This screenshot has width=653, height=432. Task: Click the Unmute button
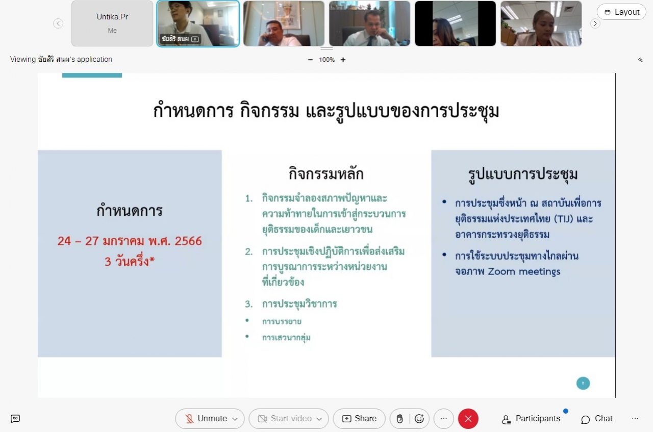[x=210, y=419]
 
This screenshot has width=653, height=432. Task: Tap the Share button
[x=359, y=419]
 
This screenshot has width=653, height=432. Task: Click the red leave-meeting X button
[x=468, y=419]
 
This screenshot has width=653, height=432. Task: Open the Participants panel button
[x=531, y=419]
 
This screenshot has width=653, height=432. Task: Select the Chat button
[x=597, y=419]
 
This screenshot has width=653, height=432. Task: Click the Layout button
[x=621, y=12]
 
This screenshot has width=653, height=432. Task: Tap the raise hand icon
[x=399, y=419]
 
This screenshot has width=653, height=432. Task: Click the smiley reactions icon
[x=419, y=419]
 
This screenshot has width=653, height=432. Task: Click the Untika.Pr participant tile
[x=112, y=23]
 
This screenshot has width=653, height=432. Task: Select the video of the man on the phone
[x=284, y=23]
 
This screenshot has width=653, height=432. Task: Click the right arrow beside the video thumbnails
[x=595, y=23]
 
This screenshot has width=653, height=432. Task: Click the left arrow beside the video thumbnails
[x=58, y=23]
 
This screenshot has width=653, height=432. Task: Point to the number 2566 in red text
[x=188, y=241]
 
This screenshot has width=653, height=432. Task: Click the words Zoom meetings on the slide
[x=524, y=272]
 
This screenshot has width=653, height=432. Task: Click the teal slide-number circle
[x=583, y=383]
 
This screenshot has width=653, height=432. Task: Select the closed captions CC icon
[x=15, y=419]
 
